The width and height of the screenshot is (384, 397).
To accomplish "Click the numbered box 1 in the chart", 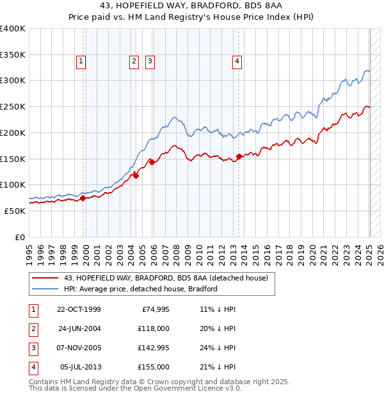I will [81, 61].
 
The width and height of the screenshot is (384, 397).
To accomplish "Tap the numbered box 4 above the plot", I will [237, 61].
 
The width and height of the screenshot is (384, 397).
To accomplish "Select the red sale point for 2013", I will [239, 156].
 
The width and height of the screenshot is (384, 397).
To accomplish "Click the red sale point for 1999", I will [83, 198].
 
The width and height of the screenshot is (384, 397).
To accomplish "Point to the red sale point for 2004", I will [136, 175].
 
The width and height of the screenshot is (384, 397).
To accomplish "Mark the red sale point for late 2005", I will [152, 162].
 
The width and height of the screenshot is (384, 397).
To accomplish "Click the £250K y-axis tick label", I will [13, 106].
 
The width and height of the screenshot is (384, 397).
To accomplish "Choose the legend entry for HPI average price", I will [141, 289].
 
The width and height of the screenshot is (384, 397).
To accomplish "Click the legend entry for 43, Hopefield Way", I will [170, 278].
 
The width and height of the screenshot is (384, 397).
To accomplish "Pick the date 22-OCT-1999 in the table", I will [79, 310].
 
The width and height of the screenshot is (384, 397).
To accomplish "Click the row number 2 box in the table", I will [33, 329].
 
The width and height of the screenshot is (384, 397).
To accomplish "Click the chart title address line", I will [191, 6].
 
